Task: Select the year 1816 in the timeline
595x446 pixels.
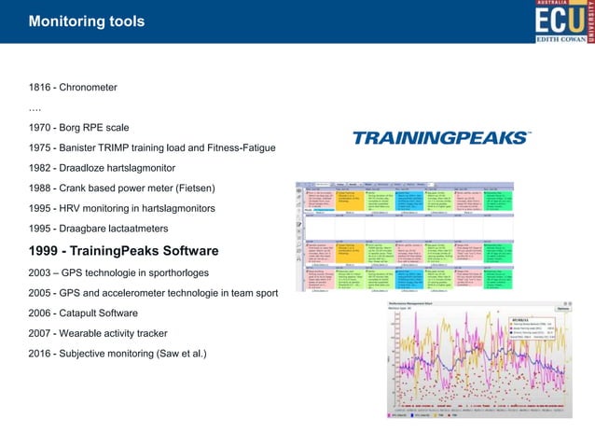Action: [42, 88]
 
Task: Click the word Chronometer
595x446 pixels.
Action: [89, 88]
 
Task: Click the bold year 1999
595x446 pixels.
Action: [48, 251]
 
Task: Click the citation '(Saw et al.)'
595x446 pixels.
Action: [179, 354]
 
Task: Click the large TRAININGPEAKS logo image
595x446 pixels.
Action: [440, 138]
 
